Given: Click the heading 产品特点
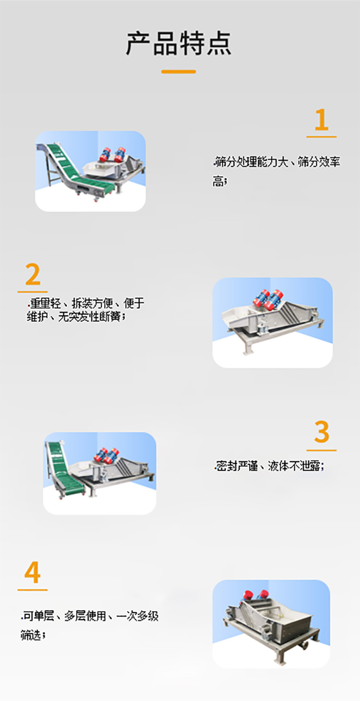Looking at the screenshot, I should coord(179,43).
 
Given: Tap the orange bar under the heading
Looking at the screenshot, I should coord(179,72).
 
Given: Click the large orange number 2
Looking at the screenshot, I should coord(33,275).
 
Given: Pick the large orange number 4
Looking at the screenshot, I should coord(33,572).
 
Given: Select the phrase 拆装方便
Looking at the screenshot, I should coord(93,303).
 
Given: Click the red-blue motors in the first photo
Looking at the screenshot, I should coord(112,154).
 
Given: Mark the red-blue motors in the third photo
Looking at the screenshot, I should coord(107,454).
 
